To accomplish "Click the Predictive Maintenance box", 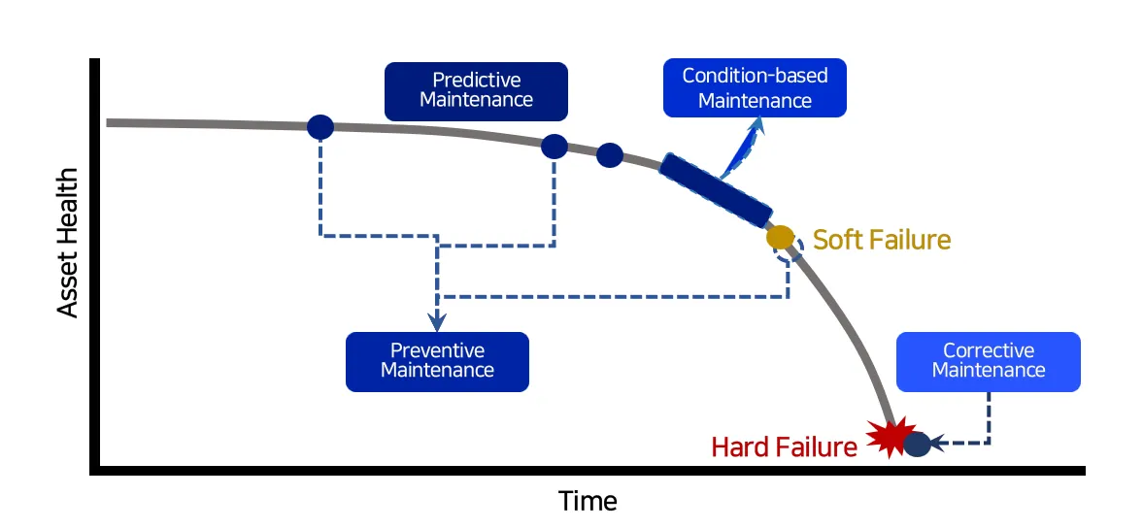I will coord(476,90).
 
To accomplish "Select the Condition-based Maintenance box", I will coord(754,87).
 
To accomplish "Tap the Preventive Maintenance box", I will coord(437,361).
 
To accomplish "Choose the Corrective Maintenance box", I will coord(988,361).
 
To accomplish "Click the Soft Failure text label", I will coord(882,240).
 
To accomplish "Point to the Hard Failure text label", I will coord(784,446).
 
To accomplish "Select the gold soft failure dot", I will coord(780,236).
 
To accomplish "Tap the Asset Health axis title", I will coord(67,243).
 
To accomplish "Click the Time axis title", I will coord(588,501).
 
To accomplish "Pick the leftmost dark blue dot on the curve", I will coord(320,126).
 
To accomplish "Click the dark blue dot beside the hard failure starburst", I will coord(917,444).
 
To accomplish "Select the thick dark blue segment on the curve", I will coord(716,188).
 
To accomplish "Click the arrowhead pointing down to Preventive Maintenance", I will coord(437,321).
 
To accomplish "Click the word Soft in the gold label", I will coord(835,240).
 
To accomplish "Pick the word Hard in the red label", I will coord(739,446).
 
